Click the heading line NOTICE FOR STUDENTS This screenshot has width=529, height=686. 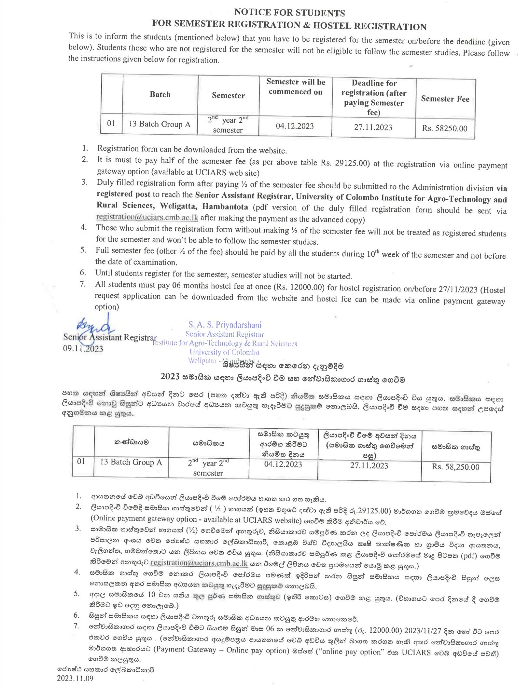pyautogui.click(x=289, y=13)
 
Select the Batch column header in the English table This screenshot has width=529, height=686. pyautogui.click(x=160, y=94)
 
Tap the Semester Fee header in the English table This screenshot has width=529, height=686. pyautogui.click(x=445, y=99)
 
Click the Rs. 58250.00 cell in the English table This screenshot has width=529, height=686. pyautogui.click(x=444, y=128)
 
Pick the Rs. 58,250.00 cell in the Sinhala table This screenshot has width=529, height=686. pyautogui.click(x=455, y=467)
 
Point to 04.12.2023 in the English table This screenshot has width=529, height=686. pyautogui.click(x=295, y=126)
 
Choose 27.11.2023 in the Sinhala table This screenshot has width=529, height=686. pyautogui.click(x=369, y=465)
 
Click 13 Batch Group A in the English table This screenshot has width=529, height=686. pyautogui.click(x=160, y=124)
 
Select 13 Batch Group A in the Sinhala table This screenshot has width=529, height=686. pyautogui.click(x=131, y=462)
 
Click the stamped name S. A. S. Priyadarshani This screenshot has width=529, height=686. pyautogui.click(x=225, y=325)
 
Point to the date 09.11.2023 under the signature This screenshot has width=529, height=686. pyautogui.click(x=83, y=349)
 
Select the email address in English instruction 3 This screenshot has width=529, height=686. pyautogui.click(x=147, y=217)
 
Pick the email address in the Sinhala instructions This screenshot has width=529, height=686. pyautogui.click(x=199, y=563)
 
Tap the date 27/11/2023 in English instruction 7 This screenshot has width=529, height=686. pyautogui.click(x=458, y=289)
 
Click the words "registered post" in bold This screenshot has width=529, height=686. pyautogui.click(x=123, y=194)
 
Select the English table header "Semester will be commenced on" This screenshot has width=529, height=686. pyautogui.click(x=295, y=87)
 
